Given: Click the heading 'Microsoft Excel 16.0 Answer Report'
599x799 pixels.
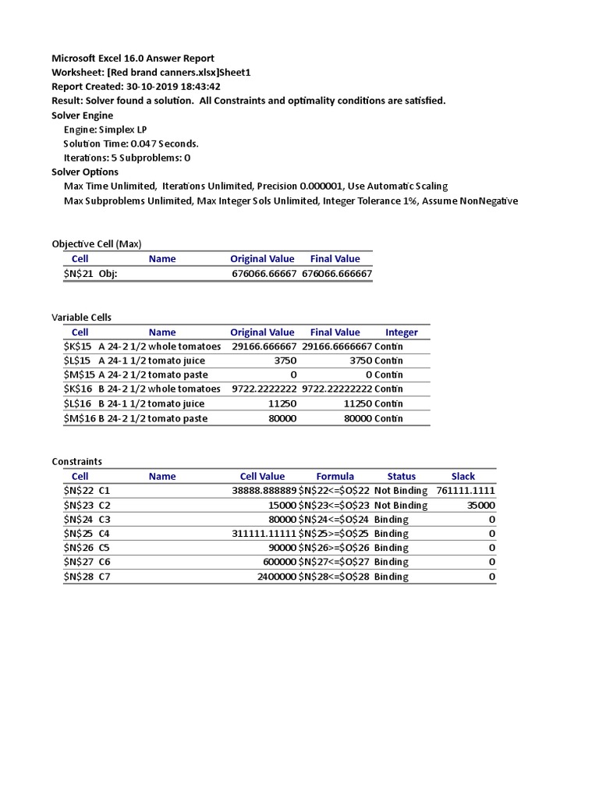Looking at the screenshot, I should click(x=133, y=58).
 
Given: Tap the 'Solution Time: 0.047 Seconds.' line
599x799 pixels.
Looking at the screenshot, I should click(x=131, y=144).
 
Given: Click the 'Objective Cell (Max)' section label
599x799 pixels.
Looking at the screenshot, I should click(x=97, y=243).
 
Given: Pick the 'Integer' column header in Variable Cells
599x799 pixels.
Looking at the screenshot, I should click(x=402, y=332).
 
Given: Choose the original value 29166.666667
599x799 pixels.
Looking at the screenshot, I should click(x=264, y=346).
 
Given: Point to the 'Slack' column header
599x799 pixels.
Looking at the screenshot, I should click(x=463, y=476).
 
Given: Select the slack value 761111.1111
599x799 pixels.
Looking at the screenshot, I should click(x=466, y=491).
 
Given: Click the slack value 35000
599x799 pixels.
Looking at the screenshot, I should click(x=479, y=505).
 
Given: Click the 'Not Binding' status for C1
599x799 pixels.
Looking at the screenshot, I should click(x=401, y=491).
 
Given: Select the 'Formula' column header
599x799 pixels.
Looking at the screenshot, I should click(x=335, y=476).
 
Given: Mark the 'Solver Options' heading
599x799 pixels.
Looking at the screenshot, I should click(x=85, y=172).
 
